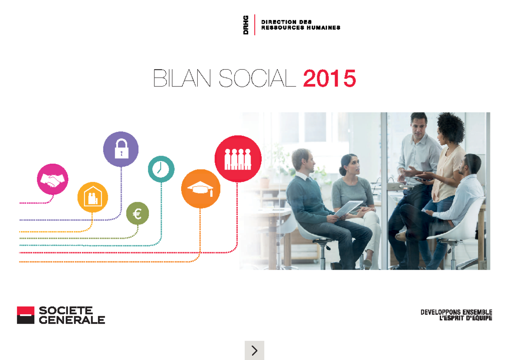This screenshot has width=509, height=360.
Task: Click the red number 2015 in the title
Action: point(329,79)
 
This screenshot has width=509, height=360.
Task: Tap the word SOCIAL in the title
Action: point(257,79)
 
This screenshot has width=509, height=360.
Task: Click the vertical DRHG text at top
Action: point(246,25)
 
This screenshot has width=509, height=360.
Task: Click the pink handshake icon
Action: point(53,179)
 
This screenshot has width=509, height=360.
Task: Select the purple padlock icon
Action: point(121,149)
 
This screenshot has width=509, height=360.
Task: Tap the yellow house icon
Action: point(92,197)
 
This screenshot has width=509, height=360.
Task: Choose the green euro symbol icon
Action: point(137,214)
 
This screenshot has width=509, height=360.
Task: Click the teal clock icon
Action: point(161,169)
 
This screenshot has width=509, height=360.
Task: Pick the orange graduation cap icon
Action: point(200,189)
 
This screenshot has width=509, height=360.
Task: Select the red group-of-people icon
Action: point(238,159)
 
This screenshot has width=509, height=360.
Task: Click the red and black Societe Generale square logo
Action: point(25,315)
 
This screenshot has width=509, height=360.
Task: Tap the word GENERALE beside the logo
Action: point(72,320)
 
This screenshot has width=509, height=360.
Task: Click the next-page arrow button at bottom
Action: point(255,350)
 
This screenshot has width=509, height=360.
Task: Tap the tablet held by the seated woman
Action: point(349,207)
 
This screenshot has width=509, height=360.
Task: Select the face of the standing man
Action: point(418,127)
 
